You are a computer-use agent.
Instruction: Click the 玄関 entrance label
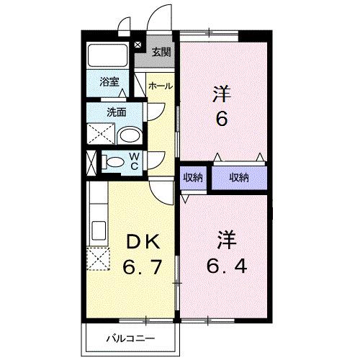pos(161,52)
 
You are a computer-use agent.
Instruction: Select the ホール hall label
pos(160,86)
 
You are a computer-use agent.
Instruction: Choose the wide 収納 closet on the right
pos(238,178)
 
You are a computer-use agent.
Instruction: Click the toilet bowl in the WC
pos(114,161)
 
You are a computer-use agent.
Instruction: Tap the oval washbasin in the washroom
pos(129,136)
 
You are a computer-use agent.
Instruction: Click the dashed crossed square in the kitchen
pos(97,258)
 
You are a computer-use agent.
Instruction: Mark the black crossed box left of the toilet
pos(91,161)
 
